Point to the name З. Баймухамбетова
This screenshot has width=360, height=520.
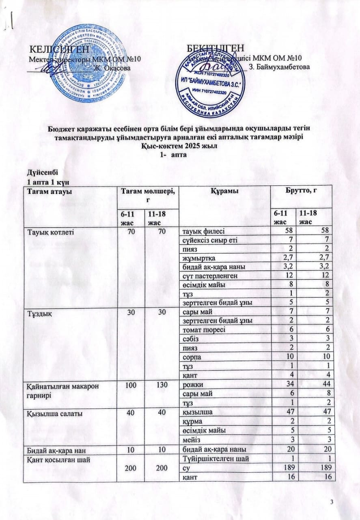[x=279, y=66]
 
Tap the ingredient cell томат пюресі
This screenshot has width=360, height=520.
[x=203, y=330]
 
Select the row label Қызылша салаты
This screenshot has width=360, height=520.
[x=50, y=414]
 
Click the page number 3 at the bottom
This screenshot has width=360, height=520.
[x=332, y=503]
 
